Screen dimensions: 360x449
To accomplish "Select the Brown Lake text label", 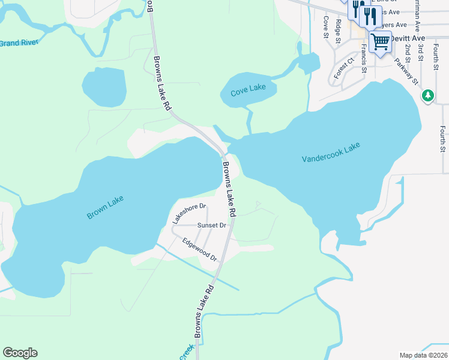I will [x=105, y=207].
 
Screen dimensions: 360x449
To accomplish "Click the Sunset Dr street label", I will [x=212, y=226].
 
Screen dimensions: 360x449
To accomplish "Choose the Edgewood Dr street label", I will [x=199, y=249].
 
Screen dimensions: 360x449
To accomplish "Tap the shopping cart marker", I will [x=380, y=42].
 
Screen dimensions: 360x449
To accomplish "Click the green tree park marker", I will [x=427, y=95].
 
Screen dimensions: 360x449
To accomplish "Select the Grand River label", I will [x=19, y=43].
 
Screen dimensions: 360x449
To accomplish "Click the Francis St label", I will [x=364, y=60].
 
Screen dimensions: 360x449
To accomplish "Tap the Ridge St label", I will [x=339, y=28].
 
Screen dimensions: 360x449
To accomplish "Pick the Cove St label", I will [x=325, y=26].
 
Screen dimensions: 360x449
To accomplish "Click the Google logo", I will [x=20, y=353].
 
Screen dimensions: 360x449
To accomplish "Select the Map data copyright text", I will [x=423, y=355].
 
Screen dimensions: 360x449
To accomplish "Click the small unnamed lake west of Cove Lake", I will [x=104, y=87].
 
